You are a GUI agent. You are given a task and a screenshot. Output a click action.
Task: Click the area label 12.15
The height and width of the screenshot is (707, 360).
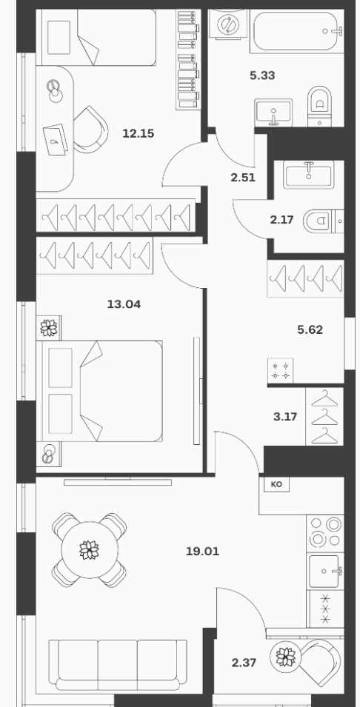139,133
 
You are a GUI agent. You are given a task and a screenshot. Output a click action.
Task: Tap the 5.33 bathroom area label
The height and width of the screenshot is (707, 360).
262,76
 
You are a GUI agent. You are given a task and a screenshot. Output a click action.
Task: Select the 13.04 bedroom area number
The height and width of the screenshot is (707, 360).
124,304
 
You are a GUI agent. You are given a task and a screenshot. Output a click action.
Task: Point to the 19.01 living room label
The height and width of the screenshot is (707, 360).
202,551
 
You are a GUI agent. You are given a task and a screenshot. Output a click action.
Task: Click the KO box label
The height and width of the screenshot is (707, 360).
276,484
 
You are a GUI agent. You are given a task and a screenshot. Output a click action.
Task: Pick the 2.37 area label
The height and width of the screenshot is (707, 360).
244,663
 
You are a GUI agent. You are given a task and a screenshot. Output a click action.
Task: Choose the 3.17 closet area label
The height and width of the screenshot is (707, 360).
285,416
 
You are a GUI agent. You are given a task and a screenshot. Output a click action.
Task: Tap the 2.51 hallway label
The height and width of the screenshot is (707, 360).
243,178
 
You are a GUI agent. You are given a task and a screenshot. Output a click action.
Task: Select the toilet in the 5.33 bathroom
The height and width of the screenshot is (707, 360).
319,107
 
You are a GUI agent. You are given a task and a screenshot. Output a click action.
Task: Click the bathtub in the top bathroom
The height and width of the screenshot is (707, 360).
296,30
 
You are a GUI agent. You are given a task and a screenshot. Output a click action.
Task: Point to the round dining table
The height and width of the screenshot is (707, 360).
90,550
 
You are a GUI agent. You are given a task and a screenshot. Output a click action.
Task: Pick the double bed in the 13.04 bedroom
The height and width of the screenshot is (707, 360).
99,391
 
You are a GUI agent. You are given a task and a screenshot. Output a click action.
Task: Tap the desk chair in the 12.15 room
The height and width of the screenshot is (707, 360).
90,130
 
